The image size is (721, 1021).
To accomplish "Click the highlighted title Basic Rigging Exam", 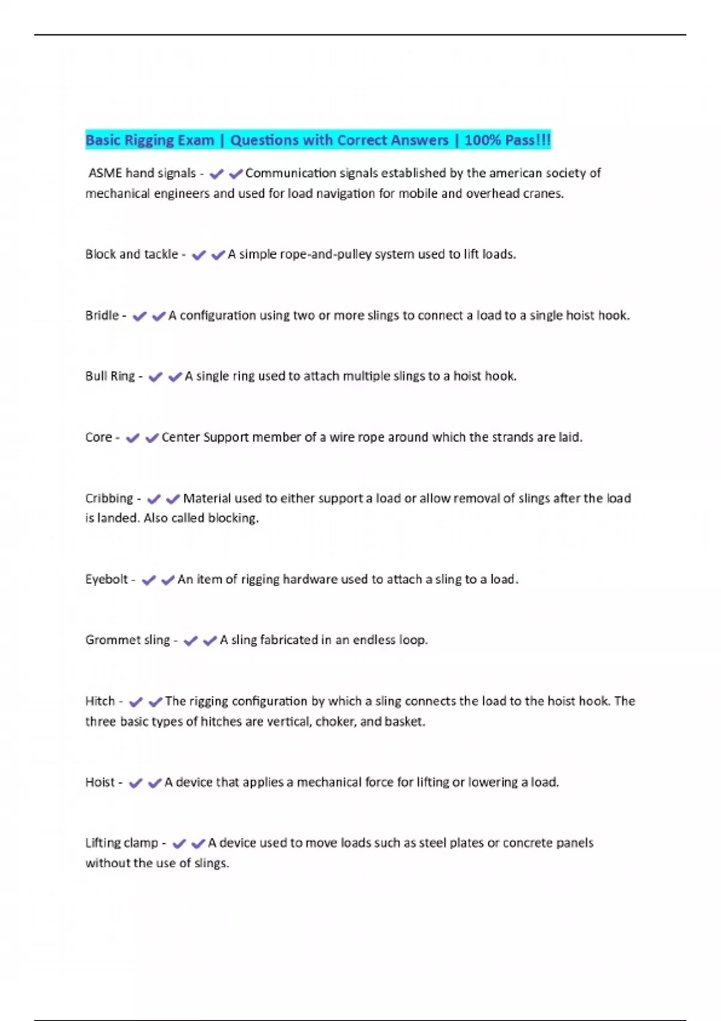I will [150, 141].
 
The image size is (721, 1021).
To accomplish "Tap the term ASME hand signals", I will [142, 174].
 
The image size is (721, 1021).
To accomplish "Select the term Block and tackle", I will [132, 255].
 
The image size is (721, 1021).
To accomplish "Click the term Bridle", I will [102, 316].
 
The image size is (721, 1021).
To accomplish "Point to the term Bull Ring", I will [110, 377].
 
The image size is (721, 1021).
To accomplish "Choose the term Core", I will [99, 438].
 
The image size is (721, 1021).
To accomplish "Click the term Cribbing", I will [109, 498].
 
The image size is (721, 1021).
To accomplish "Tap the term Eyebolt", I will [106, 580].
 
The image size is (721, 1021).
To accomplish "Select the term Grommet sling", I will [127, 640].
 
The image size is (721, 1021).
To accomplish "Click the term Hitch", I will [100, 701].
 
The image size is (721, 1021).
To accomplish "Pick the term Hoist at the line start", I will [100, 783].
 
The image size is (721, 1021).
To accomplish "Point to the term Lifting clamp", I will [121, 843].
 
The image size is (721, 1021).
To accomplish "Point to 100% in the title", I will [482, 141].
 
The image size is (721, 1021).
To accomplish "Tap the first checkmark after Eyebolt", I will [148, 580].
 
